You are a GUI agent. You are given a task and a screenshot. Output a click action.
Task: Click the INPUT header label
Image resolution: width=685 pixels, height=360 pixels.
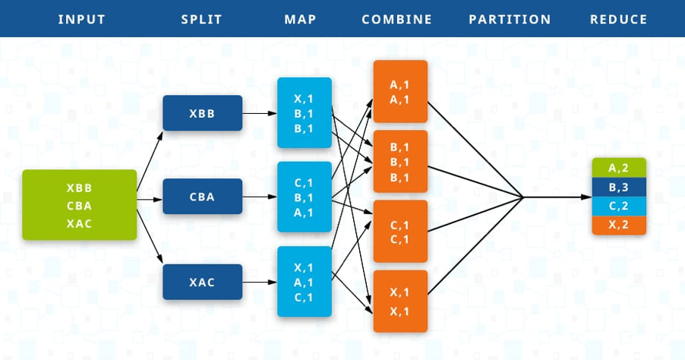(x=80, y=19)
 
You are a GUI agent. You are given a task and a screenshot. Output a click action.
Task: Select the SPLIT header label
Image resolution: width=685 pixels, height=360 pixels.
(x=201, y=19)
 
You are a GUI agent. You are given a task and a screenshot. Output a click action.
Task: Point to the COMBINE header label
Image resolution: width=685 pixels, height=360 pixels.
(x=397, y=19)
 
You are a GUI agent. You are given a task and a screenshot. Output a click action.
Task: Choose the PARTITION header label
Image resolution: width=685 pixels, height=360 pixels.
(x=510, y=19)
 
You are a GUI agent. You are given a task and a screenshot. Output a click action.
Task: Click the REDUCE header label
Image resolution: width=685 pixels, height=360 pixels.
(x=618, y=19)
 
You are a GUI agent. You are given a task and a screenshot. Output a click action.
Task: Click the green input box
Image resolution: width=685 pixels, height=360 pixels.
(x=80, y=205)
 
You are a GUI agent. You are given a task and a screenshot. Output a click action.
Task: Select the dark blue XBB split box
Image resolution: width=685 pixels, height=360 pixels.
(x=202, y=113)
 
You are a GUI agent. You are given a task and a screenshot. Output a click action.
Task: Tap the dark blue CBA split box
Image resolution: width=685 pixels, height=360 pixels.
(x=202, y=197)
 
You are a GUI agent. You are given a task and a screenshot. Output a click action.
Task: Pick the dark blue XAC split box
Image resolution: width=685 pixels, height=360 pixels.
(x=202, y=282)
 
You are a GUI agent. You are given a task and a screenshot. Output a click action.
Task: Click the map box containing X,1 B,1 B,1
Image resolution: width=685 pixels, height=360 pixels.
(x=305, y=112)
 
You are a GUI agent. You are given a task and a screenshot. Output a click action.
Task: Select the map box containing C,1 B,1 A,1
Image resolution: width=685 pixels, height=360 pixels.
(x=305, y=197)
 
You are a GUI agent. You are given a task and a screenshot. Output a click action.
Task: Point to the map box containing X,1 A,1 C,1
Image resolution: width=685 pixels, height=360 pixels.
(x=305, y=282)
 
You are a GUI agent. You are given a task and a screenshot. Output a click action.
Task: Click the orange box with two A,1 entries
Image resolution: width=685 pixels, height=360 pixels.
(x=400, y=92)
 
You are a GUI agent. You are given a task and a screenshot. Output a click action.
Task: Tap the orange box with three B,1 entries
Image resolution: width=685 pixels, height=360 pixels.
(x=400, y=162)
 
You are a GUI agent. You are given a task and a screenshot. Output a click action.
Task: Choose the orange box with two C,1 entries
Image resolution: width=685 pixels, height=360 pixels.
(x=400, y=232)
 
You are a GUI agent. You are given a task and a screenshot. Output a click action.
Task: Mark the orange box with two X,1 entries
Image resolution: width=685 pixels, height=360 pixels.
(x=400, y=301)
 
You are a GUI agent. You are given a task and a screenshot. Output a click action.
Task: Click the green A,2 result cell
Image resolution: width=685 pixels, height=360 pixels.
(x=618, y=167)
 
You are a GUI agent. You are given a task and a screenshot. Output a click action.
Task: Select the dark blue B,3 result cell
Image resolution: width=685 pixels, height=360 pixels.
(x=618, y=187)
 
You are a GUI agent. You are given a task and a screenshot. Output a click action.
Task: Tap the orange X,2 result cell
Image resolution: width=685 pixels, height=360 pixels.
(x=618, y=225)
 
